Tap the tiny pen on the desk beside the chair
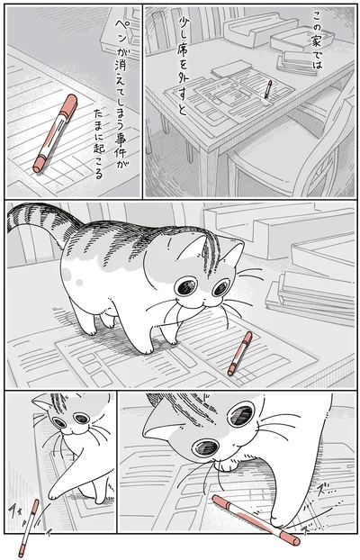pos(267,90)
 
